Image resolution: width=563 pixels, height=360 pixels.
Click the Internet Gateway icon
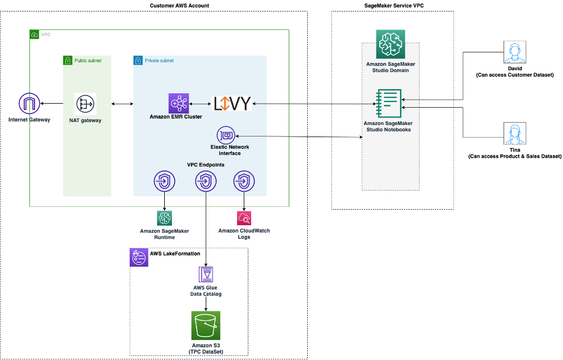(28, 104)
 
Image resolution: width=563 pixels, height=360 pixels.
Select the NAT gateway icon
(85, 104)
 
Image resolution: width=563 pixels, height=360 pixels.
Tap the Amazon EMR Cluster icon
(179, 104)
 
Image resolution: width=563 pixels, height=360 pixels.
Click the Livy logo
(232, 104)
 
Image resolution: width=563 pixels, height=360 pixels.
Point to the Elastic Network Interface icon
(225, 136)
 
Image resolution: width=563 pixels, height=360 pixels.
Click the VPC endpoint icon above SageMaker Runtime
(165, 181)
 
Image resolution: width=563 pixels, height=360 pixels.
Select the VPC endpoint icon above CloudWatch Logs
(244, 181)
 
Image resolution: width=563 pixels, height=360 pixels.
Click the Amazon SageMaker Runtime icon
(165, 218)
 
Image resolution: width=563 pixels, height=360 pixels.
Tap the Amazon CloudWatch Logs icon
(244, 218)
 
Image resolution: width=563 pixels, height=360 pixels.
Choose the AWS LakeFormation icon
(139, 257)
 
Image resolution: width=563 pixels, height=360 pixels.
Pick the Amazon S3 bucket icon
(206, 325)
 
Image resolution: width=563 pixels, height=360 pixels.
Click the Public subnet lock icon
(68, 60)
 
